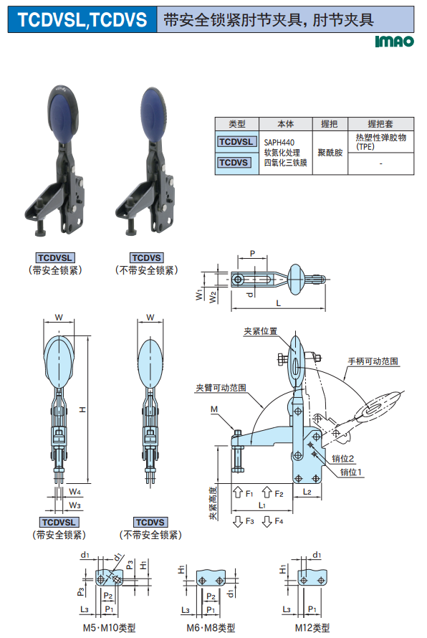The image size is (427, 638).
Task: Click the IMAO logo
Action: [394, 42]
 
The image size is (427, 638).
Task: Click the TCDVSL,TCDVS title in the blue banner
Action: [82, 19]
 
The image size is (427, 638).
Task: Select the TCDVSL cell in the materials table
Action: [236, 142]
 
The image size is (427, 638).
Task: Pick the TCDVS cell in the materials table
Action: [234, 162]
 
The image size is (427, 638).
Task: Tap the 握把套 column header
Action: [380, 124]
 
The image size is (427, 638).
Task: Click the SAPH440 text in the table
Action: [279, 143]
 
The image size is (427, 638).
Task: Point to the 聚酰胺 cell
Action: [330, 153]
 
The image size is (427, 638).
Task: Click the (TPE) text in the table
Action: [365, 147]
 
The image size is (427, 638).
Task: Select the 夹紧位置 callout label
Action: [260, 331]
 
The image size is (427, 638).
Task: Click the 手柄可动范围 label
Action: [373, 361]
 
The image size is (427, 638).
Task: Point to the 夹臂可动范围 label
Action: [221, 388]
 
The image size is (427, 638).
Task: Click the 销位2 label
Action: [342, 459]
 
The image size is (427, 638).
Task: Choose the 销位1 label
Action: [350, 472]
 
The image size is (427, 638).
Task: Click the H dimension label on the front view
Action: [82, 409]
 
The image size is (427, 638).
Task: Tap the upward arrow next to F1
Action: [238, 492]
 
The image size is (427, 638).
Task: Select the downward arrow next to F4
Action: [267, 521]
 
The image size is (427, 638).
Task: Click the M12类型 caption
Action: [312, 628]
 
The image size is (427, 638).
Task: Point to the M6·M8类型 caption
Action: [211, 628]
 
